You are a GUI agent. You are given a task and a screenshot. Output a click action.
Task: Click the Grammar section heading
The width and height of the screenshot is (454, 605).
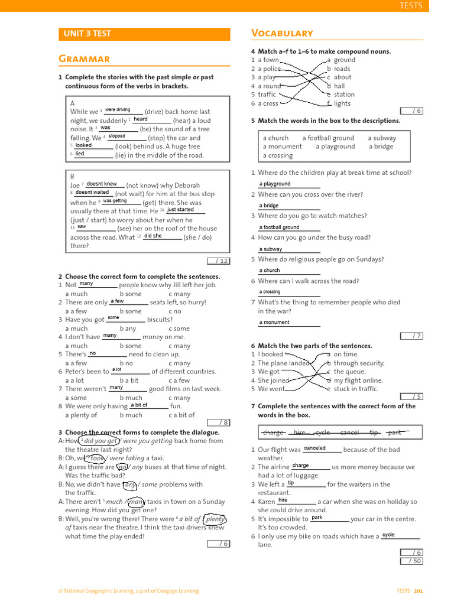pyautogui.click(x=84, y=58)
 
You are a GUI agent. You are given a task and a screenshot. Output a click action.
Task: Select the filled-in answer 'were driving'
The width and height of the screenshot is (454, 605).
pyautogui.click(x=118, y=110)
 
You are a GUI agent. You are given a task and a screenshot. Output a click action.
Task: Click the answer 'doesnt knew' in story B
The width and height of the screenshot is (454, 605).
pyautogui.click(x=102, y=184)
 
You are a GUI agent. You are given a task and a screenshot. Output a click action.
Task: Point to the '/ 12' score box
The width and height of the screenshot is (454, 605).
pyautogui.click(x=218, y=261)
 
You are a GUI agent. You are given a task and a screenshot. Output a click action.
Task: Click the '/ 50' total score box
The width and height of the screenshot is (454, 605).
pyautogui.click(x=411, y=561)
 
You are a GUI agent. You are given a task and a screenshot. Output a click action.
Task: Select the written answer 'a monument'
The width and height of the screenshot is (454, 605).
pyautogui.click(x=274, y=323)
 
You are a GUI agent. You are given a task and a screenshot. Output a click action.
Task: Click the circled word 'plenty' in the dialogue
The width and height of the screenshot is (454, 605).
pyautogui.click(x=215, y=519)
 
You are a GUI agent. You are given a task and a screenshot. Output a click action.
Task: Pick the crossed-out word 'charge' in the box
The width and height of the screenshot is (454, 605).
pyautogui.click(x=273, y=432)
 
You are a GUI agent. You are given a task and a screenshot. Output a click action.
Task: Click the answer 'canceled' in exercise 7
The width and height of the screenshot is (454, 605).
pyautogui.click(x=314, y=448)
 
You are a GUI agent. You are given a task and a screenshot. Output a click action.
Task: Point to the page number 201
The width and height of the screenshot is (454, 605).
pyautogui.click(x=419, y=591)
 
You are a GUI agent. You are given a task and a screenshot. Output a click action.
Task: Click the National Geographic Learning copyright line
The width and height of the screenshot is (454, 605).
pyautogui.click(x=128, y=591)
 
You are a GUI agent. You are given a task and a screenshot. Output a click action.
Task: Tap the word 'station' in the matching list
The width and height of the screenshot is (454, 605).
pyautogui.click(x=344, y=95)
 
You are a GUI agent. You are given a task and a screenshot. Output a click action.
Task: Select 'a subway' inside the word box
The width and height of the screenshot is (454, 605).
pyautogui.click(x=382, y=138)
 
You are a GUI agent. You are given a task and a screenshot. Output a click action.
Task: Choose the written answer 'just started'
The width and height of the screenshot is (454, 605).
pyautogui.click(x=180, y=209)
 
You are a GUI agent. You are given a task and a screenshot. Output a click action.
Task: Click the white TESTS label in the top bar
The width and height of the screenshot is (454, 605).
pyautogui.click(x=411, y=5)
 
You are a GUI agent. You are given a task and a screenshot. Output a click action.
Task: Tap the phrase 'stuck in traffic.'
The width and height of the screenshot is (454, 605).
pyautogui.click(x=356, y=389)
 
